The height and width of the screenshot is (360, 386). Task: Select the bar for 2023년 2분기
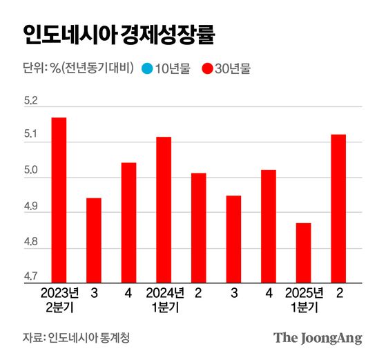[x=59, y=200]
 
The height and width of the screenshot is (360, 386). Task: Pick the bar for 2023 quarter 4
[x=128, y=222]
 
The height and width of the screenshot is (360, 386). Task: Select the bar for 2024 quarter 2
[x=199, y=228]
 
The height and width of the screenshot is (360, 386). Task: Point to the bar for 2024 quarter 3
[x=233, y=239]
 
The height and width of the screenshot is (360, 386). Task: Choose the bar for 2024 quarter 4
[x=269, y=226]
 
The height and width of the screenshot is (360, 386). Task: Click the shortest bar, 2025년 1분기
[x=304, y=253]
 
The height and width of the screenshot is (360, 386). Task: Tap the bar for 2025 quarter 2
[x=338, y=209]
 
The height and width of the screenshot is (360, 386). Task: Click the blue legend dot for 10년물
[x=146, y=68]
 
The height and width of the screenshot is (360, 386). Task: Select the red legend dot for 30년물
[x=206, y=68]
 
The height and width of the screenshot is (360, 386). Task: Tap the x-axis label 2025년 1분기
[x=304, y=299]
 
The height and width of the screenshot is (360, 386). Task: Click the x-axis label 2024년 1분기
[x=164, y=299]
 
